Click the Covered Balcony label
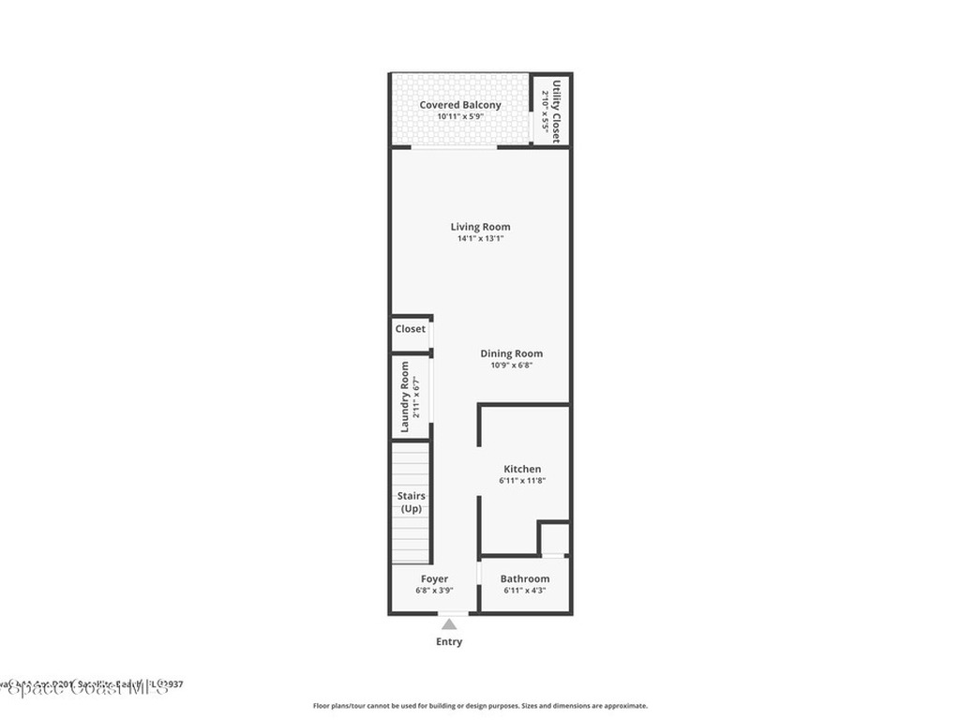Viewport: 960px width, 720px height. pyautogui.click(x=460, y=105)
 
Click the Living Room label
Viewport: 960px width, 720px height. pyautogui.click(x=480, y=227)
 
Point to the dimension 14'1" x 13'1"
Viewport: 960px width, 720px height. pyautogui.click(x=480, y=239)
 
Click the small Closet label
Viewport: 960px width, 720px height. pyautogui.click(x=410, y=329)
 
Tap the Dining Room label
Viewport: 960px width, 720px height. pyautogui.click(x=511, y=353)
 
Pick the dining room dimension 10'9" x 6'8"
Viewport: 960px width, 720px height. pyautogui.click(x=511, y=366)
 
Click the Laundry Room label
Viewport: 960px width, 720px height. pyautogui.click(x=405, y=397)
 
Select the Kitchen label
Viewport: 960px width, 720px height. pyautogui.click(x=522, y=469)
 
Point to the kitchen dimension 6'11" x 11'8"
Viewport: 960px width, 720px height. pyautogui.click(x=522, y=481)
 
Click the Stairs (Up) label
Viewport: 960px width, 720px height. pyautogui.click(x=411, y=502)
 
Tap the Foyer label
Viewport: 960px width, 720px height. pyautogui.click(x=434, y=578)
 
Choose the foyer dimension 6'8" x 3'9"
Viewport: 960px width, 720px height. pyautogui.click(x=434, y=591)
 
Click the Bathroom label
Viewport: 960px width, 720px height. pyautogui.click(x=524, y=578)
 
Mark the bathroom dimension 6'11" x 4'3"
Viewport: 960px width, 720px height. pyautogui.click(x=524, y=591)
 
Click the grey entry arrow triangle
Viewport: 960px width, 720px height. pyautogui.click(x=450, y=624)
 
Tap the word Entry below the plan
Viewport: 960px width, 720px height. pyautogui.click(x=449, y=642)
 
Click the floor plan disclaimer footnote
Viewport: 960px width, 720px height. pyautogui.click(x=480, y=706)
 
